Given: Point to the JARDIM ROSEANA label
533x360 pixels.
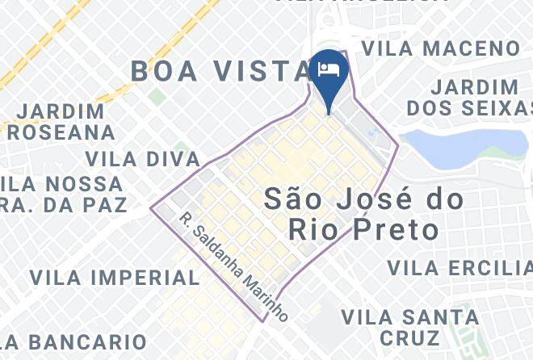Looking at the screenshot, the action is (x=61, y=121).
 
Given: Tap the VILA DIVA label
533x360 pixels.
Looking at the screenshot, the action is (x=142, y=158).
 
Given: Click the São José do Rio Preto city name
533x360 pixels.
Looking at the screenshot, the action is (x=364, y=214).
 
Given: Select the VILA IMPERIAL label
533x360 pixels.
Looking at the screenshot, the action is (x=115, y=278).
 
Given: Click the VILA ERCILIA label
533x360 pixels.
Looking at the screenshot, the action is (x=459, y=267).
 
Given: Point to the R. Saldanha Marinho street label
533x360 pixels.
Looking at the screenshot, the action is (x=233, y=267).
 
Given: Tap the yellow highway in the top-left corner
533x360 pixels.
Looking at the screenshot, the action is (x=32, y=48).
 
